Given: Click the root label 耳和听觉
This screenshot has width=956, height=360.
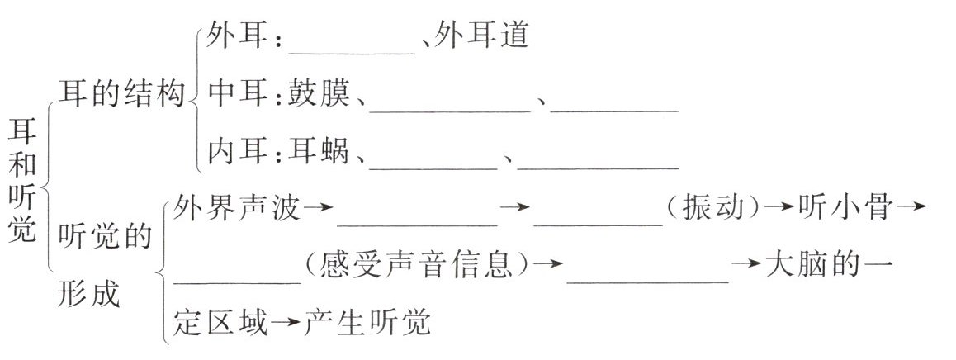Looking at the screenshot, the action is (26, 179).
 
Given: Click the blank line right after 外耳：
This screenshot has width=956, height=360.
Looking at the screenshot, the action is (353, 48).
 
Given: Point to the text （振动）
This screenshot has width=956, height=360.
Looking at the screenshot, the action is (712, 210).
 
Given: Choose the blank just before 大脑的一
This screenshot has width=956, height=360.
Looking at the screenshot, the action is (648, 277).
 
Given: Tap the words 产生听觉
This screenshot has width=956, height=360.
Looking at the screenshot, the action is (367, 322).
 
